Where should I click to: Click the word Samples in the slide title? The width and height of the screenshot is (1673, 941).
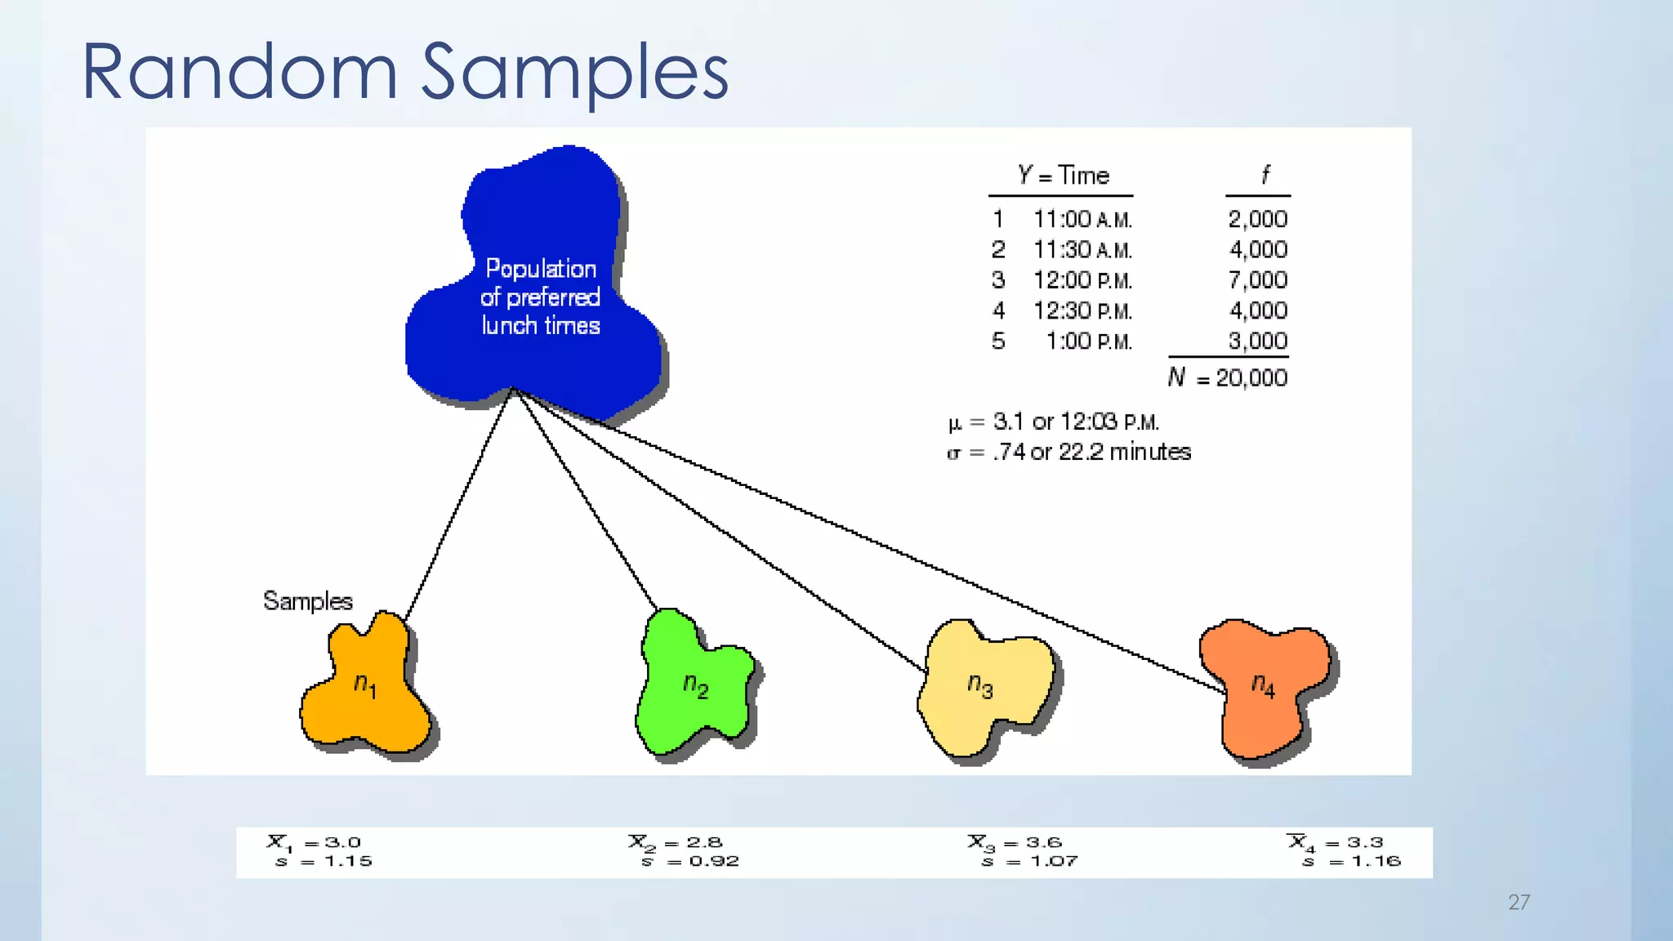574,74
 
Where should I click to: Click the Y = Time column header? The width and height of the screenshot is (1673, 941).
1063,176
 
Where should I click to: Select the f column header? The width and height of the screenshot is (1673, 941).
1264,175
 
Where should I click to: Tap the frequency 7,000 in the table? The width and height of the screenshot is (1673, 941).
1257,280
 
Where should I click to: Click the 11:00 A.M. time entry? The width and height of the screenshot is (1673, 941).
1082,220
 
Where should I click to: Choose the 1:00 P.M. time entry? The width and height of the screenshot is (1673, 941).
1089,341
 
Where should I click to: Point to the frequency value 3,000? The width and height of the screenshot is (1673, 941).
1257,341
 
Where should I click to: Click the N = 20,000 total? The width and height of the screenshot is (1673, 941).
1228,377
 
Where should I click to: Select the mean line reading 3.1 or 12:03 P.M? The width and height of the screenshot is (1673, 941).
1054,422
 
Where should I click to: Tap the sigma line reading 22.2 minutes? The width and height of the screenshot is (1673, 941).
1068,452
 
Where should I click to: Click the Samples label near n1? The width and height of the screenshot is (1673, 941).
307,601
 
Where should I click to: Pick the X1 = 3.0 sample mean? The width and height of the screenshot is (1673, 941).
315,842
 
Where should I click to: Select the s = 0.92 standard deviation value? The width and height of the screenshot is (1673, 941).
690,861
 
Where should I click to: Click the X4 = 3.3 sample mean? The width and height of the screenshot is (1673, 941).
1335,842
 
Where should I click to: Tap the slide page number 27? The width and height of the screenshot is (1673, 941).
1518,902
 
